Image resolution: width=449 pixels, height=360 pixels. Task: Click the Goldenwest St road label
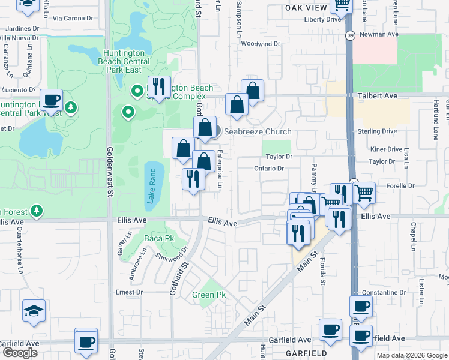point(109,172)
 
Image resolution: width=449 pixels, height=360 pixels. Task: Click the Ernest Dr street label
point(129,292)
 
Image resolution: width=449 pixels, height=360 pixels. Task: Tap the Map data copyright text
point(412,355)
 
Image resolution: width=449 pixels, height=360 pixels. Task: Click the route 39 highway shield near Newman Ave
point(350,37)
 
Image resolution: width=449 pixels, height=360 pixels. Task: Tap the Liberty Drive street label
point(322,19)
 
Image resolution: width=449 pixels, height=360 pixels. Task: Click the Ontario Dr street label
point(268,169)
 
